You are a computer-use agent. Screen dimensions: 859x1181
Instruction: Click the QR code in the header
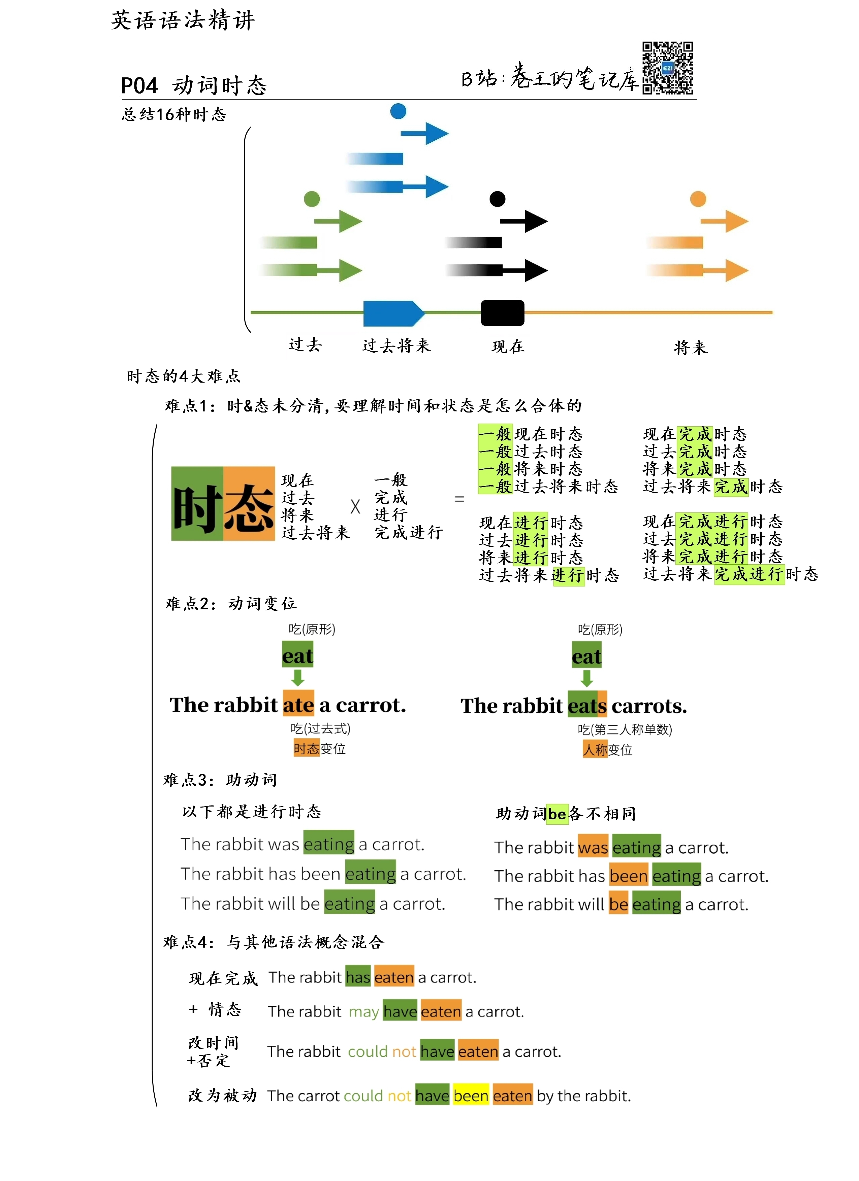click(667, 68)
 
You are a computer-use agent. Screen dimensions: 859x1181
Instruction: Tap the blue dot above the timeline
click(398, 111)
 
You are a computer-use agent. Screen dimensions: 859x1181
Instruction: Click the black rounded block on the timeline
click(503, 313)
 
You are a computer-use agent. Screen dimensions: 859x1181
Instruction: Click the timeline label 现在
click(508, 346)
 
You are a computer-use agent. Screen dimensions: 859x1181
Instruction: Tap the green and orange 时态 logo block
click(223, 504)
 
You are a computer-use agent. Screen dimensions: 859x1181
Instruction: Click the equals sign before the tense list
click(459, 499)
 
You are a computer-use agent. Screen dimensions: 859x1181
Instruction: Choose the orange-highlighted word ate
click(299, 705)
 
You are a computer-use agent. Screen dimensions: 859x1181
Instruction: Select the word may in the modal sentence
click(364, 1012)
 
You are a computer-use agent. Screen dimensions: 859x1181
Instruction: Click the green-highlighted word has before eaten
click(358, 977)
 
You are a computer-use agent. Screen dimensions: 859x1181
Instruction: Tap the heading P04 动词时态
click(194, 85)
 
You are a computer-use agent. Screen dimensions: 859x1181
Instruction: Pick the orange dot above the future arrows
click(698, 199)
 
